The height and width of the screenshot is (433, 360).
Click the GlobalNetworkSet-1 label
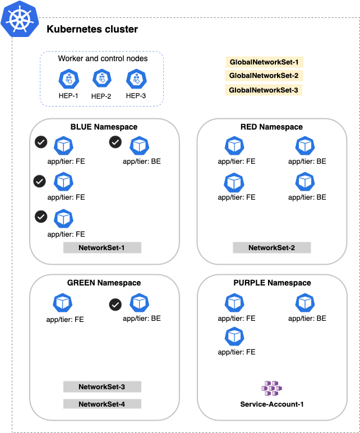(x=264, y=62)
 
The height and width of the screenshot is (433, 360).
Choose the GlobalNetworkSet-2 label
(x=264, y=76)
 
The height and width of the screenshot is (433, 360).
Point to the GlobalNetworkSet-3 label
(x=264, y=90)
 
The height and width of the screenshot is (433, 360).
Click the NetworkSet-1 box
(x=101, y=247)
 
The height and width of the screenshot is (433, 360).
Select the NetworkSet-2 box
(x=271, y=247)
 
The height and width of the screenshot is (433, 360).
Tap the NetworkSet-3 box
(x=101, y=386)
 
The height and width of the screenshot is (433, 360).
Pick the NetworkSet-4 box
(x=101, y=403)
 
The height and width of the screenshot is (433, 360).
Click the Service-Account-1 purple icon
(x=272, y=388)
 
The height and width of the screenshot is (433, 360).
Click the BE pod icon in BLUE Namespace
(x=139, y=145)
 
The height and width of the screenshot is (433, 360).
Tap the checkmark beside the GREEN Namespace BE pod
(x=115, y=305)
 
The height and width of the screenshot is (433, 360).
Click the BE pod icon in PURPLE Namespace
(x=304, y=303)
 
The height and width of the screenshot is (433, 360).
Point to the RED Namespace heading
(x=271, y=127)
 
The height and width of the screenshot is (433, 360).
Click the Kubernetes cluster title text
(x=92, y=29)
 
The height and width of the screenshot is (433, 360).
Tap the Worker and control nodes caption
(x=103, y=58)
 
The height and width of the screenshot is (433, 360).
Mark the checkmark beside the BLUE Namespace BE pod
(x=115, y=142)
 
